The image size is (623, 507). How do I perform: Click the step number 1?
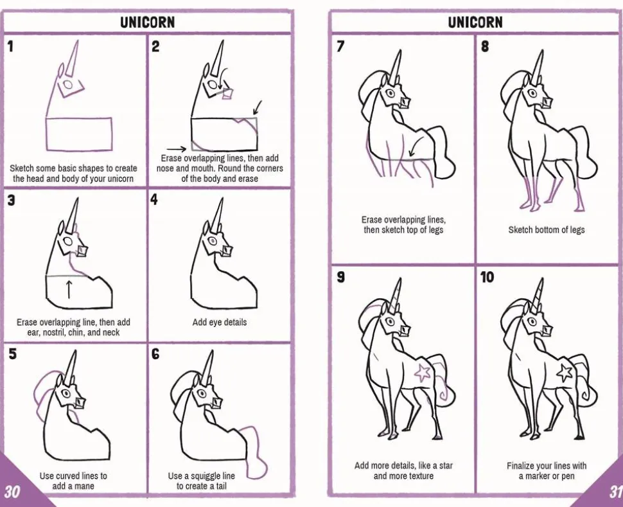[x=10, y=46]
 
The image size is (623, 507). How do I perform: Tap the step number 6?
[x=155, y=353]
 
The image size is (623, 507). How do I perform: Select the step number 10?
[x=487, y=277]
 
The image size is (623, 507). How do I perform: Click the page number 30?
[x=12, y=492]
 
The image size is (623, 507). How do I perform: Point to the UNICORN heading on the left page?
[x=148, y=22]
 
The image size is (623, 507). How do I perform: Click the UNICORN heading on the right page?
[x=475, y=22]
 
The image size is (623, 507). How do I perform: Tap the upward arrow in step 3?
[x=69, y=289]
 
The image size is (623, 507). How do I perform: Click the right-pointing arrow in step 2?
[x=176, y=149]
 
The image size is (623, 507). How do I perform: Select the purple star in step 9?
[x=422, y=372]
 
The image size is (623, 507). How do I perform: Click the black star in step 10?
[x=564, y=372]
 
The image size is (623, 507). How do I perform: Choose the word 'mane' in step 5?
[x=84, y=486]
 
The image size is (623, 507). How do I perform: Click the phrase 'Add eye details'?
[x=219, y=322]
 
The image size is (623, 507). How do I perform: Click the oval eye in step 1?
[x=68, y=85]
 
